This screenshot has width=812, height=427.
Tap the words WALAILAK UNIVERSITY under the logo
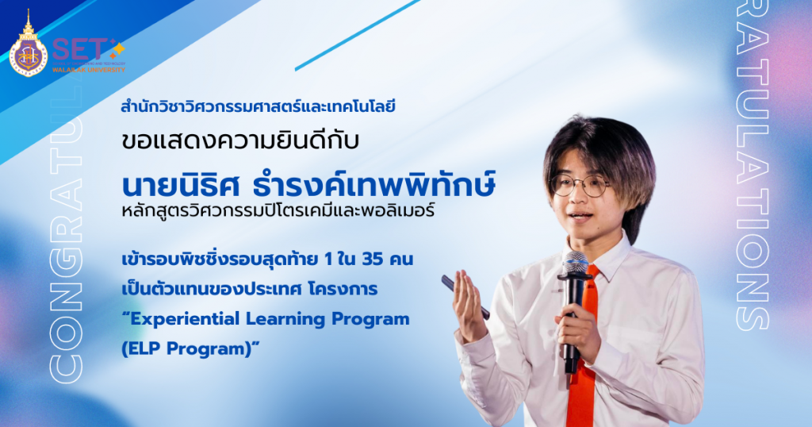pos(89,70)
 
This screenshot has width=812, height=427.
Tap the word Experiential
pos(178,319)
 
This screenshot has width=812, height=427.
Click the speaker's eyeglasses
pos(579,186)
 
